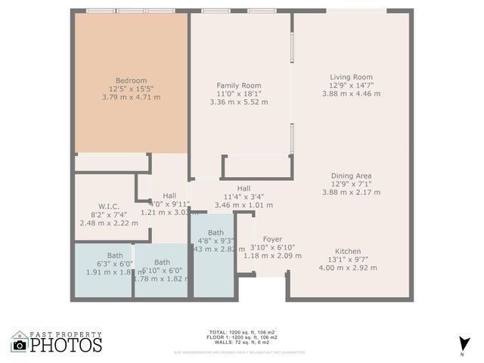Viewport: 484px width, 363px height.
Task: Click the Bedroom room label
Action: click(131, 81)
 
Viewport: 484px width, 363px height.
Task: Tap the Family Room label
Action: click(238, 85)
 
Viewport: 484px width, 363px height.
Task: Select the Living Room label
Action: click(351, 76)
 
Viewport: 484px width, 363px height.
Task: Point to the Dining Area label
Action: click(351, 175)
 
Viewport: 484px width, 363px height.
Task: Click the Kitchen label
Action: click(348, 251)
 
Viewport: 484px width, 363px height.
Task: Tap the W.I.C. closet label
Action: click(109, 206)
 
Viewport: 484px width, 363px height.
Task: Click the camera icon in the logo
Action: click(20, 345)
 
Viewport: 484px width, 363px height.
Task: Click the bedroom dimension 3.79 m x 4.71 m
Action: click(131, 97)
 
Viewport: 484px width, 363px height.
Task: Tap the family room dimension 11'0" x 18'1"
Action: click(238, 94)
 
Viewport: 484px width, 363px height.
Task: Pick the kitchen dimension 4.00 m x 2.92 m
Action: click(348, 268)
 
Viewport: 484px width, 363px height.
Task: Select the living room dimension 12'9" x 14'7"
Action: click(351, 85)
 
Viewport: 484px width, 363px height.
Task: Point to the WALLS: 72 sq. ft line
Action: click(242, 343)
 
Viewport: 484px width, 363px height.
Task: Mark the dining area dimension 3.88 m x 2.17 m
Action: click(351, 192)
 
